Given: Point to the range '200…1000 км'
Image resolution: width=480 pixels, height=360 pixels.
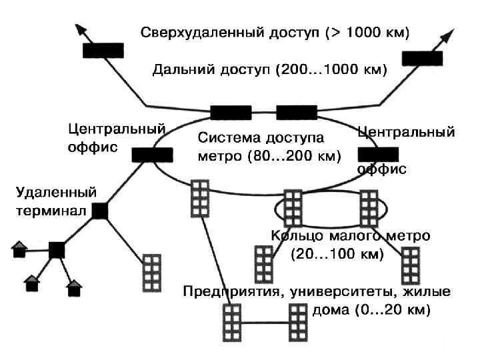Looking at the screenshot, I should coord(328,69).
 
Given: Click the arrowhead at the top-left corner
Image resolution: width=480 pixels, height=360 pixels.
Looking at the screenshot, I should coord(80,28).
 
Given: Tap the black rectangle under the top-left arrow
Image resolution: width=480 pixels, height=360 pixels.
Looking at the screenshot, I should coord(103,50).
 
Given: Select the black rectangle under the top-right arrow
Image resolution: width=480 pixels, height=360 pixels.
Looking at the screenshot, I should coord(422,57).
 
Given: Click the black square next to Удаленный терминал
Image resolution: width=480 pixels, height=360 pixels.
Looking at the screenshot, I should coord(100,211).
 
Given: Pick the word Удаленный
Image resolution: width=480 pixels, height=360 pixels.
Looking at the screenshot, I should coord(57,193).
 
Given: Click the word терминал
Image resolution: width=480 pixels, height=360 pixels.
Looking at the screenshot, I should coord(52,212).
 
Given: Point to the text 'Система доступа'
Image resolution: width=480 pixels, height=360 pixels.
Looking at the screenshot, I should coord(261,139).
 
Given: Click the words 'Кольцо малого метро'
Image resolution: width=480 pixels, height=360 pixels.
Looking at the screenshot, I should coord(350,236).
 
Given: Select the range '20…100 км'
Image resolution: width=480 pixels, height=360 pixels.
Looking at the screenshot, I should coord(337,254).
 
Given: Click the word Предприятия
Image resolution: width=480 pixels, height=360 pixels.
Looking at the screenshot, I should coord(228,292).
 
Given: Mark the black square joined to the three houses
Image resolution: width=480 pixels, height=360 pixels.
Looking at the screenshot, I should coord(57,249).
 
